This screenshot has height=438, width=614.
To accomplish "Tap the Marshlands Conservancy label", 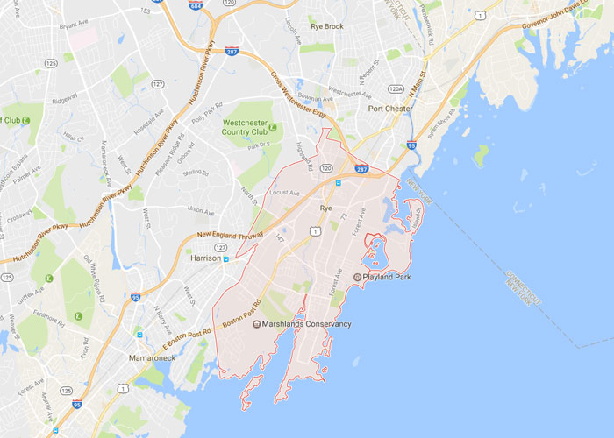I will (307, 324).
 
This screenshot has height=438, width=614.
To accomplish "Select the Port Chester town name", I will (390, 109).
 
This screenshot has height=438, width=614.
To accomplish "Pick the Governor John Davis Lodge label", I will (565, 17).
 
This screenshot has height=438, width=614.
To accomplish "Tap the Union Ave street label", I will (200, 210).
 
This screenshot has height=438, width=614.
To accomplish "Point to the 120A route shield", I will (396, 89).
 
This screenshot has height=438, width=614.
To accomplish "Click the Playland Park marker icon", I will (358, 277).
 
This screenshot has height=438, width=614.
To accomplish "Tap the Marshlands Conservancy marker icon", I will (256, 324).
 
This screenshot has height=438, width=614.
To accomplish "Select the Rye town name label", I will (325, 208).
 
